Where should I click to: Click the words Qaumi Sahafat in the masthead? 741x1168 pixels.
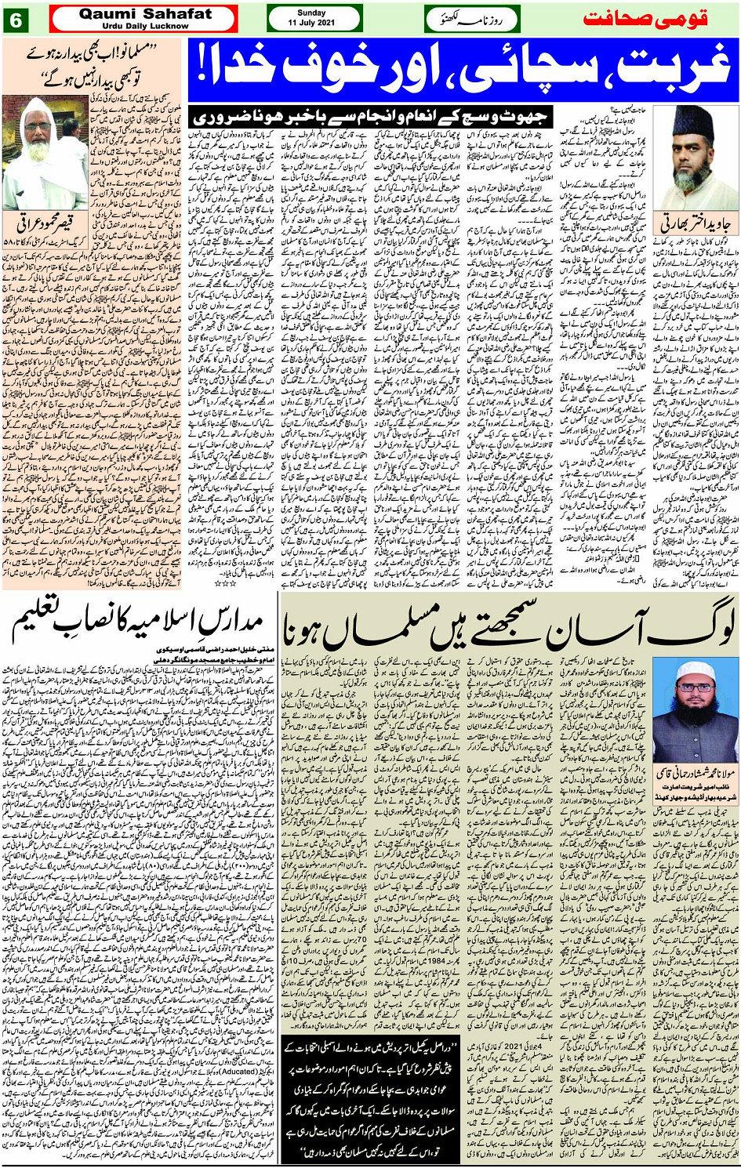click(x=144, y=14)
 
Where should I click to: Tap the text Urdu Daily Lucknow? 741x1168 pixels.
click(x=144, y=26)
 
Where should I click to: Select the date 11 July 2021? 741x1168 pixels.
click(x=314, y=24)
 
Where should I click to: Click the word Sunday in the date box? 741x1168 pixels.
click(x=314, y=13)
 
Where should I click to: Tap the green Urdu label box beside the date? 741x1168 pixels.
click(x=472, y=19)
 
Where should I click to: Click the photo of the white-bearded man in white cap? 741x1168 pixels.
click(x=45, y=153)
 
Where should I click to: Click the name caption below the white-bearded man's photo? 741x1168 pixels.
click(x=45, y=225)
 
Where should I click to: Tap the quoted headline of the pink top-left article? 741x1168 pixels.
click(x=94, y=67)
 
